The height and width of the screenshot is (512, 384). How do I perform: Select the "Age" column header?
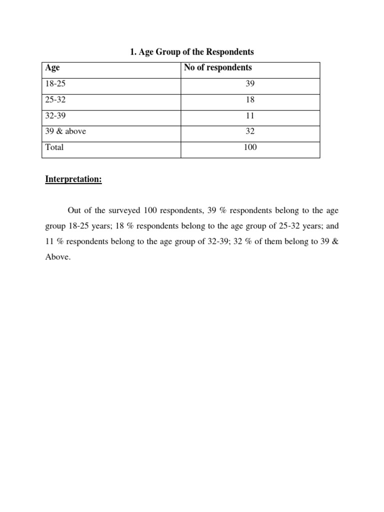pos(52,68)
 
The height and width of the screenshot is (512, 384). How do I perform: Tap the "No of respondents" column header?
pos(217,68)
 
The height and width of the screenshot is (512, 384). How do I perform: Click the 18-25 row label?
pos(55,84)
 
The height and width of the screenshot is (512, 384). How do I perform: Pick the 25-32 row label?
pos(55,100)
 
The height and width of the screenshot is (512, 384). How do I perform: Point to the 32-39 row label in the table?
pos(55,116)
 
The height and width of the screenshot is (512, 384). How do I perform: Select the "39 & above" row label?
pos(65,132)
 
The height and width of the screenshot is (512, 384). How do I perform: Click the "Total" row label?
pos(54,148)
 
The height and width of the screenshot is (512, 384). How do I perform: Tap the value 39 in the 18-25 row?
pos(250,84)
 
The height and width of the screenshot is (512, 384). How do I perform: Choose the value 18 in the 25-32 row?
pos(250,100)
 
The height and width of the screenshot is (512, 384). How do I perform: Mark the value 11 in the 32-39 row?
pos(250,116)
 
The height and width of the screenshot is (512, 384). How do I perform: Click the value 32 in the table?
pos(250,132)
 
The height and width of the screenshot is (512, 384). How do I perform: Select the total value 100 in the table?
pos(250,148)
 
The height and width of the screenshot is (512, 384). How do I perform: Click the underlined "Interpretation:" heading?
pos(73,179)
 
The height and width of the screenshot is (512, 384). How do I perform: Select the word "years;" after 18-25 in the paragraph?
pos(103,226)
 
